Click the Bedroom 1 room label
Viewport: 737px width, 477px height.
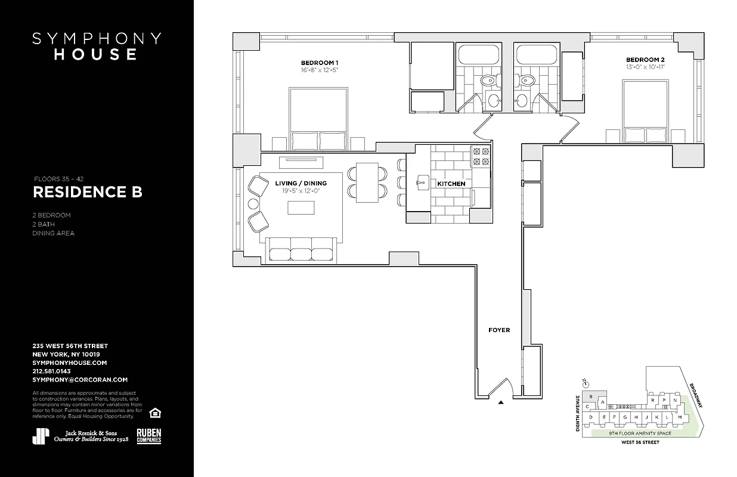pyautogui.click(x=320, y=63)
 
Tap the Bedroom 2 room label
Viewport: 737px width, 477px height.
pyautogui.click(x=645, y=60)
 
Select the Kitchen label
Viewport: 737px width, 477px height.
pyautogui.click(x=451, y=184)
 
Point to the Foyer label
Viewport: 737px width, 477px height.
pyautogui.click(x=499, y=330)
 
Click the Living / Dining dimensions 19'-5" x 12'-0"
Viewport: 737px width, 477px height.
pyautogui.click(x=301, y=191)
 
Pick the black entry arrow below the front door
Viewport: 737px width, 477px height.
pyautogui.click(x=500, y=402)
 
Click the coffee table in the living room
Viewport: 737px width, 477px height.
pyautogui.click(x=301, y=207)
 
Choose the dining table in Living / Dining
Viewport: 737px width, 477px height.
pyautogui.click(x=367, y=182)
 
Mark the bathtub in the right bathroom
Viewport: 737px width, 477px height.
pyautogui.click(x=537, y=55)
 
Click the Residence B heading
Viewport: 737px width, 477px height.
pyautogui.click(x=87, y=192)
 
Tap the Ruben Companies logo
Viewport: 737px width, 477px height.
pyautogui.click(x=148, y=436)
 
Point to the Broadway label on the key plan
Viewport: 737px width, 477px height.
pyautogui.click(x=696, y=395)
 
